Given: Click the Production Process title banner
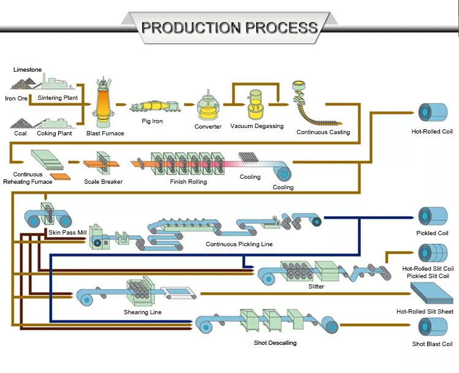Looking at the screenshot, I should tap(229, 28).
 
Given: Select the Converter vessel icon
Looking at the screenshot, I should tap(208, 108).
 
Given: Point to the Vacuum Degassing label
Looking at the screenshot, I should tap(257, 126).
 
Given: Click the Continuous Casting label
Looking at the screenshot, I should tap(323, 132).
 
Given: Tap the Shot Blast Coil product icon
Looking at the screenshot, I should tap(428, 327).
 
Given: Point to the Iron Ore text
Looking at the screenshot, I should tap(17, 98).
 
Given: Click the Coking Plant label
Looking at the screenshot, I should tap(55, 134).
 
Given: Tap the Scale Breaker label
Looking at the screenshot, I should tap(103, 182).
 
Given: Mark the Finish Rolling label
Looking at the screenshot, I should tap(188, 182).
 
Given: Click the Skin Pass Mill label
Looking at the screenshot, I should tap(67, 233).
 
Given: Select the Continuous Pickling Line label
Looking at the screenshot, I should tap(239, 244).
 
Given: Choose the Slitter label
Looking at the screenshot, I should tap(316, 286).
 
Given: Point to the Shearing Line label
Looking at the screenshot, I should tap(142, 312).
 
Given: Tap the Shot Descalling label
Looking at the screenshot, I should tap(275, 343).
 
